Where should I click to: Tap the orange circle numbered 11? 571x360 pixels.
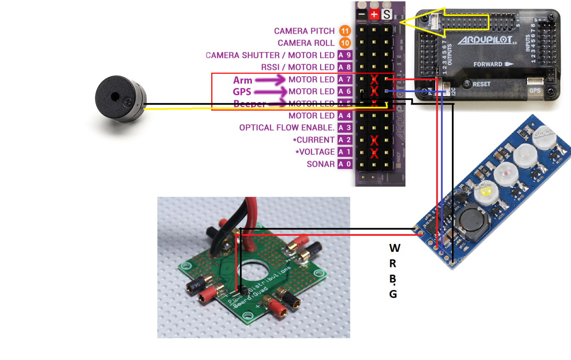pyautogui.click(x=345, y=31)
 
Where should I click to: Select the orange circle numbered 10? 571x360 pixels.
pyautogui.click(x=345, y=43)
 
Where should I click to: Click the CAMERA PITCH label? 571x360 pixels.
pyautogui.click(x=304, y=31)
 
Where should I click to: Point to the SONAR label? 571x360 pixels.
pyautogui.click(x=321, y=164)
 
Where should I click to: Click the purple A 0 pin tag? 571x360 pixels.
pyautogui.click(x=345, y=164)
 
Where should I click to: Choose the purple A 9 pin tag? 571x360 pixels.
pyautogui.click(x=345, y=55)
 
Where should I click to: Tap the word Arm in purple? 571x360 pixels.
pyautogui.click(x=243, y=80)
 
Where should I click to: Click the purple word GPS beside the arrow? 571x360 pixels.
pyautogui.click(x=242, y=92)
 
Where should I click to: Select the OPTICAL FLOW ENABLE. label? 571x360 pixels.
pyautogui.click(x=287, y=128)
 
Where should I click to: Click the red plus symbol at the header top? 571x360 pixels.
pyautogui.click(x=374, y=15)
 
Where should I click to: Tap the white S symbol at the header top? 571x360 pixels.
pyautogui.click(x=387, y=15)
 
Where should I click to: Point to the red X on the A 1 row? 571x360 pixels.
pyautogui.click(x=374, y=153)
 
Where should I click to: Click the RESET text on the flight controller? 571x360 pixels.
pyautogui.click(x=481, y=84)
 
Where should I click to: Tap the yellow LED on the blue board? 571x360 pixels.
pyautogui.click(x=485, y=191)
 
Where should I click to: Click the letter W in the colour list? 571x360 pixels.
pyautogui.click(x=395, y=248)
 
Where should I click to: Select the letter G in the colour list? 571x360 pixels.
pyautogui.click(x=393, y=294)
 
